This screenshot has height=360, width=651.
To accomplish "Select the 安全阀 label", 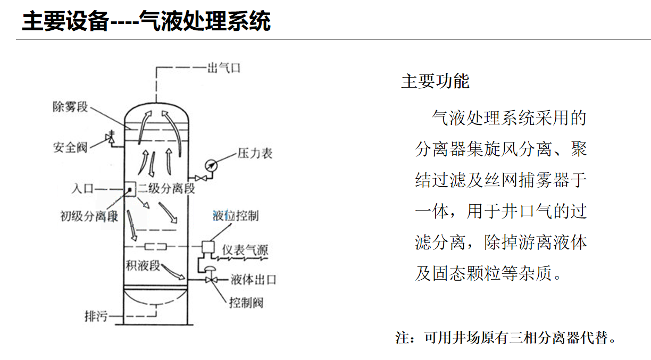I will coord(70,147).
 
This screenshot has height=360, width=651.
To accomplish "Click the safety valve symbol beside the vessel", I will coord(111,138).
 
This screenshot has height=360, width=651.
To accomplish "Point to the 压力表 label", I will coord(255,154).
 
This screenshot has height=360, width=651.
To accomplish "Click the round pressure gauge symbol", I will coord(212,165).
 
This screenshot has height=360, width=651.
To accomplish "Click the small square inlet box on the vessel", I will coord(129,189).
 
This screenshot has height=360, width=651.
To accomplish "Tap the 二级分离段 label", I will coord(166,189).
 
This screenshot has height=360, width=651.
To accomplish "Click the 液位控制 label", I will coord(235,215).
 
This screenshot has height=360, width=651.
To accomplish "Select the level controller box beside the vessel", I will coord(207,247).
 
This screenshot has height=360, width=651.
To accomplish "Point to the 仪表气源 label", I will coord(245,250).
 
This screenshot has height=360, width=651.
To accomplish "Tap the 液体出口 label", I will coord(253,280).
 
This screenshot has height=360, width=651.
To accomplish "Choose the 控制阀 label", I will coord(246,303).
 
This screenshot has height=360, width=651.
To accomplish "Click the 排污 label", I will coord(96,316).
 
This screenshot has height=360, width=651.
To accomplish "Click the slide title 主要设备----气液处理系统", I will coord(146,22).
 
